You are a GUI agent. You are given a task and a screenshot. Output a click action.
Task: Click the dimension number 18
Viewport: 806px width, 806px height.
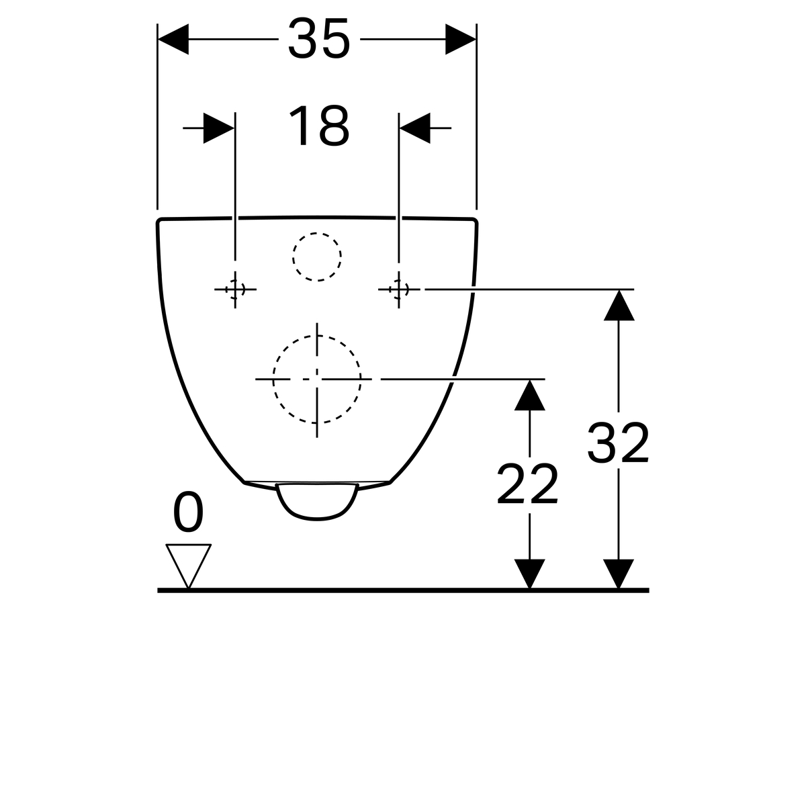(x=319, y=126)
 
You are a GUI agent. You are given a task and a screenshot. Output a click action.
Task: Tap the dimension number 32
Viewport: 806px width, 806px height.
(x=618, y=443)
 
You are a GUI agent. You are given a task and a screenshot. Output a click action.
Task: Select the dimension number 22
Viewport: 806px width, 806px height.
(x=527, y=484)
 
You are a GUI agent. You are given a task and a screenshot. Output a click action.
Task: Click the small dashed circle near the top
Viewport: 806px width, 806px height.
(x=316, y=257)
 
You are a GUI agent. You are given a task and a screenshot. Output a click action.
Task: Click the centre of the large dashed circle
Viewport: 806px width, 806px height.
(x=316, y=379)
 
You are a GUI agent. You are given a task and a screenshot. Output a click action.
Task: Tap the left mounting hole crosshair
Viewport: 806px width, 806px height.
(x=235, y=289)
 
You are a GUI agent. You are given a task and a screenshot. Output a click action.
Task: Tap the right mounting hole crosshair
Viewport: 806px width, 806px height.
(x=398, y=289)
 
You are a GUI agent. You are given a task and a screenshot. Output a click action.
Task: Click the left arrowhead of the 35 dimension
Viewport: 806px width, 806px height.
(x=173, y=40)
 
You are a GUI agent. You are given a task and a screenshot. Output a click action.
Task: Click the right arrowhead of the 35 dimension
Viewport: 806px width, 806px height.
(x=461, y=40)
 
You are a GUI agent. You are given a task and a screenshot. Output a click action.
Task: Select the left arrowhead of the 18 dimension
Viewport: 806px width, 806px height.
(x=219, y=128)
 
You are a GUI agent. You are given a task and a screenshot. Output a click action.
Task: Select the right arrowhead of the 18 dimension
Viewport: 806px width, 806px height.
(x=415, y=128)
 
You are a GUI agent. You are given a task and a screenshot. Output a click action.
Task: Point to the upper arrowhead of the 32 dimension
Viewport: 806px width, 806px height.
(x=619, y=306)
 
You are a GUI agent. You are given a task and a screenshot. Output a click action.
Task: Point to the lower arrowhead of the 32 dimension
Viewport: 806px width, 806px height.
(x=619, y=574)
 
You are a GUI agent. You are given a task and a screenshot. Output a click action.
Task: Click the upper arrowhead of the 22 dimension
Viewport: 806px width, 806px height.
(x=529, y=395)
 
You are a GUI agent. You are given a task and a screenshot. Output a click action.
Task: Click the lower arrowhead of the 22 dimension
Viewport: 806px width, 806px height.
(x=529, y=574)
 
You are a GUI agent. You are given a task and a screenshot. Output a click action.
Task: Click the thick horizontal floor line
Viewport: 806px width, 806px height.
(x=403, y=590)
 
